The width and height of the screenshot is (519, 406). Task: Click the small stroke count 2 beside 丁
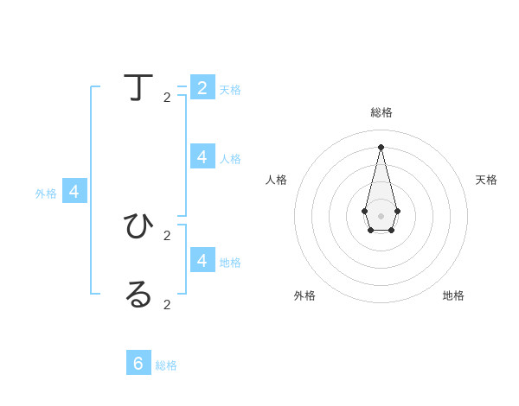click(167, 98)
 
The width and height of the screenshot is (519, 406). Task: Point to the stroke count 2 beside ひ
click(167, 235)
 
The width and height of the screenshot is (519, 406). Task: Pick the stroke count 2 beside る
click(167, 304)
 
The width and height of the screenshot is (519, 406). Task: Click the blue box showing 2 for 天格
click(202, 87)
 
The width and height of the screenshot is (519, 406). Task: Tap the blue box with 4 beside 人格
click(202, 156)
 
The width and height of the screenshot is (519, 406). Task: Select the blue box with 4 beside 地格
click(202, 259)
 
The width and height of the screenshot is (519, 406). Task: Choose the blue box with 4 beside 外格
click(74, 191)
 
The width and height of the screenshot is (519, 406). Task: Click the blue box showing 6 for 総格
click(138, 363)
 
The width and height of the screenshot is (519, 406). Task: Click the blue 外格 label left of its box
click(46, 193)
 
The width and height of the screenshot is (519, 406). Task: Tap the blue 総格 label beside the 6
click(166, 365)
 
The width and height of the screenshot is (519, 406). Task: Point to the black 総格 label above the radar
click(381, 112)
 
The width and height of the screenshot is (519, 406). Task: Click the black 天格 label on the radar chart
click(486, 180)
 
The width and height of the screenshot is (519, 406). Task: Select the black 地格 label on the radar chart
click(453, 295)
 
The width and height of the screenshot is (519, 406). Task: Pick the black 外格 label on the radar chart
click(304, 295)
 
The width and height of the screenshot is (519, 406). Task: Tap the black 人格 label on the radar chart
click(276, 180)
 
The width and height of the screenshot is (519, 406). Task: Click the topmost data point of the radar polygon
click(381, 147)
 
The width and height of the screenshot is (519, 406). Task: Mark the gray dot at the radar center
click(381, 215)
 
